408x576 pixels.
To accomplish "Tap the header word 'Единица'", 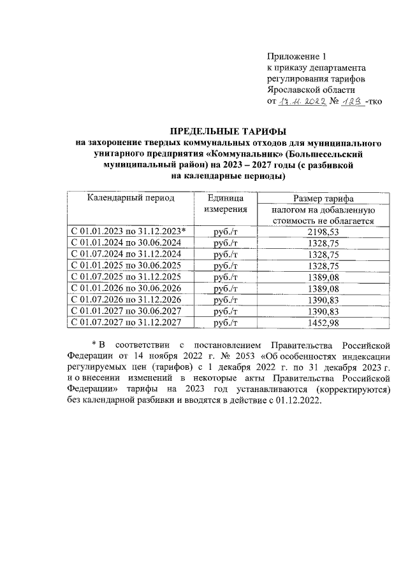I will (x=225, y=198).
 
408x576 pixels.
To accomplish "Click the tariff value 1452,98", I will (x=322, y=323).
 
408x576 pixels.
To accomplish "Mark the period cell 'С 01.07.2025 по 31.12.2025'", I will (x=126, y=277).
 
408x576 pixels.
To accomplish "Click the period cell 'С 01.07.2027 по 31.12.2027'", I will (x=126, y=323).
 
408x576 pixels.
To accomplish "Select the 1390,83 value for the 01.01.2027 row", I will (x=322, y=311).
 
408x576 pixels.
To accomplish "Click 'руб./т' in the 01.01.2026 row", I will (x=225, y=288).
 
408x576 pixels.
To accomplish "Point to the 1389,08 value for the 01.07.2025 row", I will (x=322, y=277).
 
